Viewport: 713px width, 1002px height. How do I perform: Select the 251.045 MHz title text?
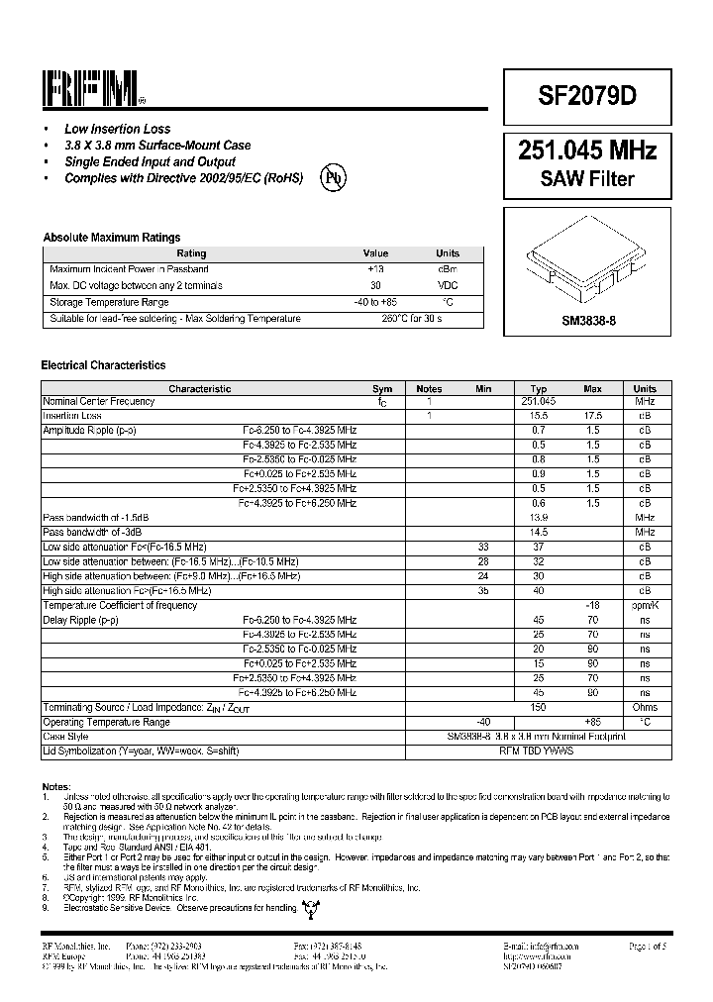(x=587, y=150)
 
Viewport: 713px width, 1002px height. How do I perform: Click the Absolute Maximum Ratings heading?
(x=111, y=238)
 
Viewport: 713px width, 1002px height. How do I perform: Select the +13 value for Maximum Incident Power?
(x=375, y=269)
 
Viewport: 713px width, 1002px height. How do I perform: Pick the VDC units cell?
(x=448, y=286)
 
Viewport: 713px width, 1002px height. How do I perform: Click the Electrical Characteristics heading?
(x=103, y=365)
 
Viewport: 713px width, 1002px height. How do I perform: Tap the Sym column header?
(x=382, y=389)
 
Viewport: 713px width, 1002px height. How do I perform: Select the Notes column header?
(x=429, y=389)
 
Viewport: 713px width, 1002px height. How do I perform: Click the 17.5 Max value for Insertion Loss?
(x=592, y=417)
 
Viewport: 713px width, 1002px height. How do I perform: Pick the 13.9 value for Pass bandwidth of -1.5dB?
(x=539, y=518)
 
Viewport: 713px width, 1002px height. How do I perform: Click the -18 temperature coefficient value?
(x=592, y=605)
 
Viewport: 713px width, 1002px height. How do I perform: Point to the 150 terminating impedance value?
(x=539, y=707)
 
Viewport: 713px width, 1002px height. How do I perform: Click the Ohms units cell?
(x=645, y=707)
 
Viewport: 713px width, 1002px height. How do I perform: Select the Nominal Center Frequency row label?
(x=98, y=402)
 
